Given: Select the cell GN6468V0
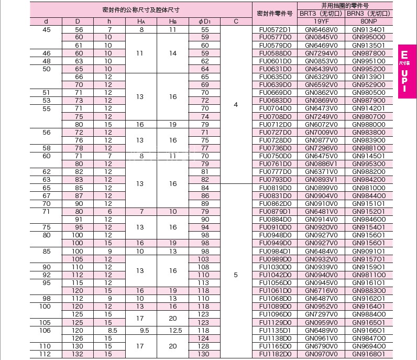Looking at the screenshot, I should click(321, 29).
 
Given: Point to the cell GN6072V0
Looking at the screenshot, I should click(321, 124).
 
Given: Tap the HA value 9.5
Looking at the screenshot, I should click(141, 330).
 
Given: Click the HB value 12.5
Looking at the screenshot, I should click(173, 330).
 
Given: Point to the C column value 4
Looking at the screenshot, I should click(236, 104).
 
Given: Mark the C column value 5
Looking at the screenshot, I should click(236, 274).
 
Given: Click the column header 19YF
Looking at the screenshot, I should click(321, 21).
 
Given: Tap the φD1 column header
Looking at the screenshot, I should click(204, 21).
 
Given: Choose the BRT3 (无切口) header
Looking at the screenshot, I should click(321, 13).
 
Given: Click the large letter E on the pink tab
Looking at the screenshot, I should click(404, 54).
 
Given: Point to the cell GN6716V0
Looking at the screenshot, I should click(321, 290).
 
